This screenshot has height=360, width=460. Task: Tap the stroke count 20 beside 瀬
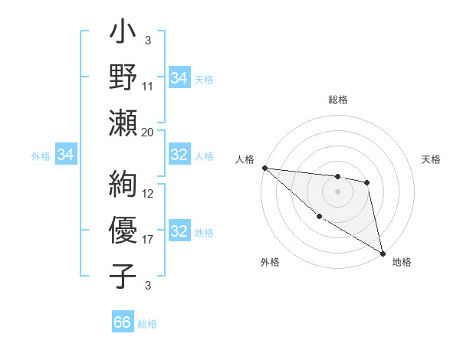point(148,132)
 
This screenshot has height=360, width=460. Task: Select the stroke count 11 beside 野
point(148,86)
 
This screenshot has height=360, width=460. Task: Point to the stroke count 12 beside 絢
point(148,193)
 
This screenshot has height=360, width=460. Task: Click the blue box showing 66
point(122,322)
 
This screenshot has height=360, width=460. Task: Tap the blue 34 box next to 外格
point(66,155)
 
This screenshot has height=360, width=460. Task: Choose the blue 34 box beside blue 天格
point(179,77)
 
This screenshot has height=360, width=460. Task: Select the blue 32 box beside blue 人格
point(179,155)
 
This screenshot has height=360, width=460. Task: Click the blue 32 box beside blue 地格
point(179,231)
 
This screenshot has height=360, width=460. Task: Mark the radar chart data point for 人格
point(264,168)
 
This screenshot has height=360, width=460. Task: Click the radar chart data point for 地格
point(383,253)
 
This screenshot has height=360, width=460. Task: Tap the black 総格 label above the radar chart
point(337,100)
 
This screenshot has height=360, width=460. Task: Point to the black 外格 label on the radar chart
point(270,263)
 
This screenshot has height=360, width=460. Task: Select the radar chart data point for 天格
point(367,182)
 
